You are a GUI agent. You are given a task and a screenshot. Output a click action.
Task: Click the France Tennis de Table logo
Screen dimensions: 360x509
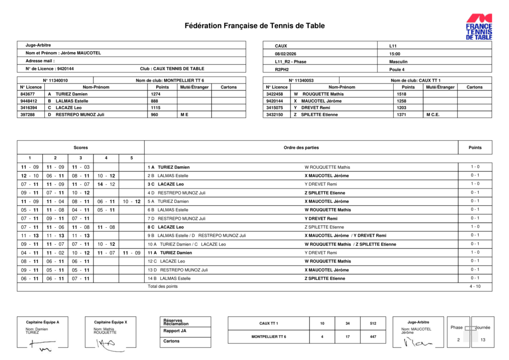pos(479,27)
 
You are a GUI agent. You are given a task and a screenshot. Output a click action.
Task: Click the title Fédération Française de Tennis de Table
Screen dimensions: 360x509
pos(254,26)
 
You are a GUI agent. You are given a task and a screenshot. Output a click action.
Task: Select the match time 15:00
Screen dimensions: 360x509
pos(395,54)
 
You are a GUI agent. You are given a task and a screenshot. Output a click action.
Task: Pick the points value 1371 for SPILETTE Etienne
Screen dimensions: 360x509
pos(401,115)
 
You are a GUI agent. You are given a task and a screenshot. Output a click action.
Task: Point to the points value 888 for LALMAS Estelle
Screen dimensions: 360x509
pos(155,101)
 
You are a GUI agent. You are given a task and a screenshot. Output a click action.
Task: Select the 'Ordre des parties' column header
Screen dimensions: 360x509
pos(301,147)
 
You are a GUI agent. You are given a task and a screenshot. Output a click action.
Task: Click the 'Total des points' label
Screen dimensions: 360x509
pos(163,286)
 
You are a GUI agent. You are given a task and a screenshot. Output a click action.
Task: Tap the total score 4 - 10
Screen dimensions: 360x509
pos(475,286)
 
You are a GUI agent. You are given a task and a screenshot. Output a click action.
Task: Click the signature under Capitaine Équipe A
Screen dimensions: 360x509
pos(42,344)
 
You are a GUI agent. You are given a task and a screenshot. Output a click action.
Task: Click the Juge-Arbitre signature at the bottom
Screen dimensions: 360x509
pos(417,343)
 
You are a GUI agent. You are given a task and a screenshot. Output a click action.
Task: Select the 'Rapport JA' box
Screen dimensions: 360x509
pos(175,331)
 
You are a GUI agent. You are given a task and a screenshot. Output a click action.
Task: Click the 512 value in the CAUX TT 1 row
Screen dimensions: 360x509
pos(373,323)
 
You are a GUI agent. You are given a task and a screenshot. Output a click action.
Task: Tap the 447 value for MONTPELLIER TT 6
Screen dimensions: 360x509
pos(373,337)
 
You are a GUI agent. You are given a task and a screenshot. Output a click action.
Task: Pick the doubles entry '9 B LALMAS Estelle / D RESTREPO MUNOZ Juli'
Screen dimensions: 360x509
pos(197,235)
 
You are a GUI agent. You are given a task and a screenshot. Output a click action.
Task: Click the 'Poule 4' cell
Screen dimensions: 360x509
pos(397,70)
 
